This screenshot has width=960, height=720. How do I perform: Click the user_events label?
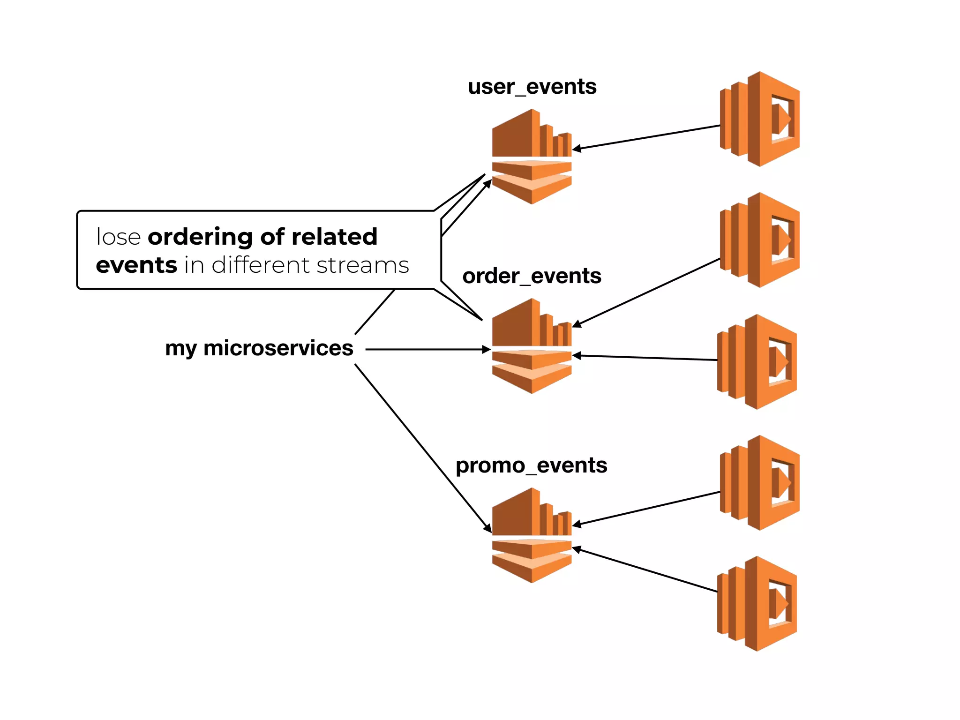click(x=532, y=87)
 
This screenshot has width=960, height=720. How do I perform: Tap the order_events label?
click(x=532, y=276)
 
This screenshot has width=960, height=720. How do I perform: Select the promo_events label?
click(x=531, y=465)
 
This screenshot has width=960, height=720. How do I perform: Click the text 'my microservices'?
click(x=259, y=348)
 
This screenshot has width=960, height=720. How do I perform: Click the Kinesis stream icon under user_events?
click(x=532, y=157)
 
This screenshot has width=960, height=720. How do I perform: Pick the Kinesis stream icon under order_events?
click(x=532, y=346)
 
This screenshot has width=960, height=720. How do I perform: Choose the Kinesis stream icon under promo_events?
click(x=532, y=535)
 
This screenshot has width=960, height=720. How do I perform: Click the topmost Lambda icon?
click(x=760, y=119)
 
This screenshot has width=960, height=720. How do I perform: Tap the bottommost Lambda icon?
click(x=757, y=604)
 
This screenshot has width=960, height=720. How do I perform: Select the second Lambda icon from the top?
click(x=760, y=240)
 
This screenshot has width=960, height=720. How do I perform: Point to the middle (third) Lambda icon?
click(x=757, y=362)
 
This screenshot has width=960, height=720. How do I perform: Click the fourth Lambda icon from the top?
click(x=760, y=483)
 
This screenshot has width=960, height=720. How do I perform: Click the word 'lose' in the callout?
click(x=118, y=237)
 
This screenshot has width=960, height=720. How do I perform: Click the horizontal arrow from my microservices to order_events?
click(x=427, y=349)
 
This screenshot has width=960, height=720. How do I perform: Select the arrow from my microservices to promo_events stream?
click(x=422, y=448)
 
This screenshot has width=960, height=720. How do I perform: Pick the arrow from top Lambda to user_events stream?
click(x=647, y=137)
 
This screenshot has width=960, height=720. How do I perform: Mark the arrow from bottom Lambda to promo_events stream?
click(x=647, y=570)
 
